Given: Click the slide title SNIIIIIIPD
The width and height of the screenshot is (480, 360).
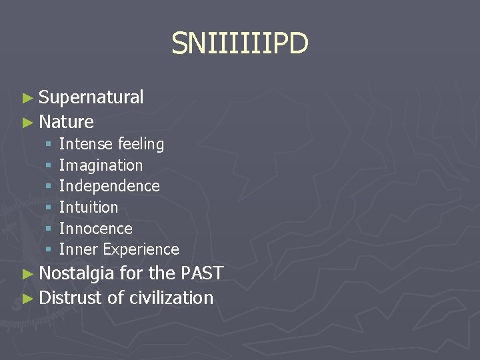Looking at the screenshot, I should (x=240, y=44).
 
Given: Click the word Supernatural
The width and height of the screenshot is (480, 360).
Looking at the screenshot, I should (x=91, y=97).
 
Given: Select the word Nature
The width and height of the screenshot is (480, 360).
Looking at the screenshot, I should (x=66, y=121).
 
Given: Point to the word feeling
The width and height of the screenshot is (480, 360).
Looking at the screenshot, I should (x=141, y=144).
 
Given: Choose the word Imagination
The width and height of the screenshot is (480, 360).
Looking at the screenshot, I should (x=101, y=165).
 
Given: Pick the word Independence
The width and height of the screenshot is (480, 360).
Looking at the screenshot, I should (x=109, y=186).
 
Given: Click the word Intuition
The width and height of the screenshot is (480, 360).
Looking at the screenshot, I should (x=88, y=207).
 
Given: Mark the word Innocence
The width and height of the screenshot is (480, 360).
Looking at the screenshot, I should (x=95, y=229).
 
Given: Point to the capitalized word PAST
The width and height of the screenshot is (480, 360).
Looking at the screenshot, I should (x=201, y=273).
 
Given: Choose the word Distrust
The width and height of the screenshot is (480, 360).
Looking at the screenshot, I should (x=71, y=297).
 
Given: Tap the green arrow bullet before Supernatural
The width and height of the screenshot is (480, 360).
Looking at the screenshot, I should (x=27, y=98).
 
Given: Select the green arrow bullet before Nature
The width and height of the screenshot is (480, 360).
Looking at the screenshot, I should (x=27, y=122).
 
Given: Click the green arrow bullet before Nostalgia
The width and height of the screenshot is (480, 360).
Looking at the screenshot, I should (x=27, y=273).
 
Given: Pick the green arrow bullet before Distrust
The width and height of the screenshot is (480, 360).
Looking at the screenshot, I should (x=27, y=298).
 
